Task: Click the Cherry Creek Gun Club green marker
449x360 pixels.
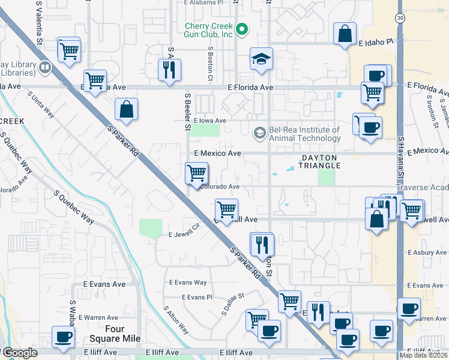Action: (242, 29)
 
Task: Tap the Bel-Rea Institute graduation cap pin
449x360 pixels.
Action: (259, 132)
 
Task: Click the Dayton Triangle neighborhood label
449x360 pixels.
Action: (320, 161)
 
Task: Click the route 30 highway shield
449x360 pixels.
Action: (400, 19)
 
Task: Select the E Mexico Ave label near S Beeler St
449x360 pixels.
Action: (217, 154)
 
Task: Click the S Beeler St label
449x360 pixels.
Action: (187, 111)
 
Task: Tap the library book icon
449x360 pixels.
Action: (44, 68)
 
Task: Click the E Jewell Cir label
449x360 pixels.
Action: (183, 234)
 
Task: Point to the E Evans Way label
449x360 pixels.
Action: (187, 282)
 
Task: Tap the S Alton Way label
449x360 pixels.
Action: (176, 320)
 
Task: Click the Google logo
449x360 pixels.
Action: (20, 353)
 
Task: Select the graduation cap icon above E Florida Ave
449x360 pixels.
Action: (261, 59)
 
